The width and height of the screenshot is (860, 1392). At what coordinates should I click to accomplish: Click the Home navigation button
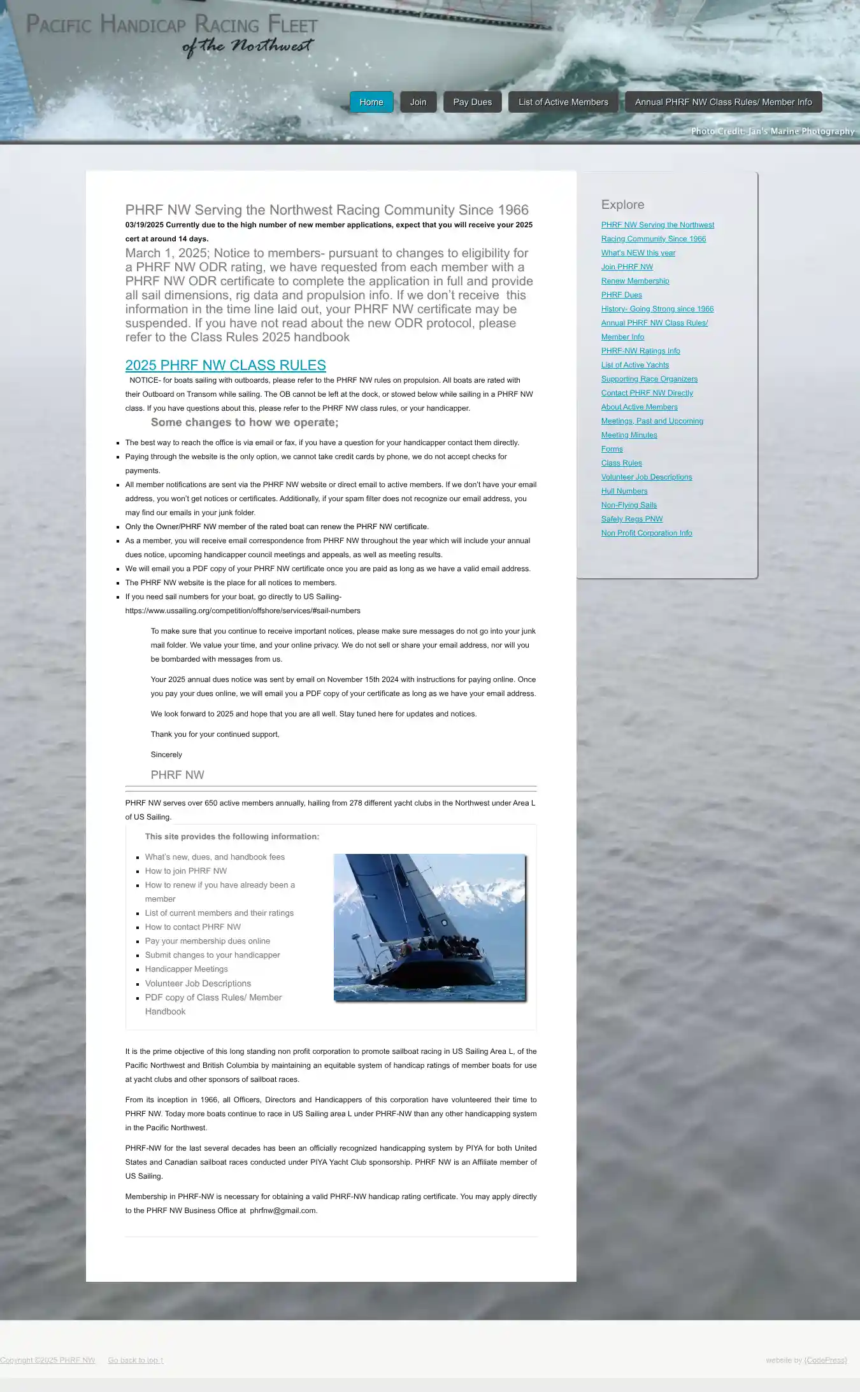coord(371,102)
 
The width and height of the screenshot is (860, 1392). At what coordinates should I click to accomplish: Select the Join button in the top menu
coord(418,102)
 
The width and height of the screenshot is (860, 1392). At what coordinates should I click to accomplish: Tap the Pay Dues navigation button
coord(472,102)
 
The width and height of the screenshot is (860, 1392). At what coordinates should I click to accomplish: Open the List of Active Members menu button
coord(563,102)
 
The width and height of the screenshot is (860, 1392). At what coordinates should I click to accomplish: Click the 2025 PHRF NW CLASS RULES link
coord(226,366)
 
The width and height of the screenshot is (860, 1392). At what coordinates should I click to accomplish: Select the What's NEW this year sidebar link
coord(638,253)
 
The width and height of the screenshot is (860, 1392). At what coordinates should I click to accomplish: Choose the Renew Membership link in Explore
coord(634,281)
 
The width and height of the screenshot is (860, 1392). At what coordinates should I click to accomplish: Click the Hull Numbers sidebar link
coord(624,491)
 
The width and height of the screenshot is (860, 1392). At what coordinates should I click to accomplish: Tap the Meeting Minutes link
coord(629,435)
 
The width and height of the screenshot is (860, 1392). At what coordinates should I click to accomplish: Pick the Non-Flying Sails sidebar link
coord(628,505)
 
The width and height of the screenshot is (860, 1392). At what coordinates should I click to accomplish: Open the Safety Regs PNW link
coord(631,519)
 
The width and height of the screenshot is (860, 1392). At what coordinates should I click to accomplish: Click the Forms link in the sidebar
coord(612,449)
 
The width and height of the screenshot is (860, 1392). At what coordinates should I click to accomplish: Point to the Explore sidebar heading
coord(622,205)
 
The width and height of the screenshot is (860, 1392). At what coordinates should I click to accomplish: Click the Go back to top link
coord(135,1360)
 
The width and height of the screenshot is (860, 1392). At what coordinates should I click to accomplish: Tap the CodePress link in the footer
coord(826,1360)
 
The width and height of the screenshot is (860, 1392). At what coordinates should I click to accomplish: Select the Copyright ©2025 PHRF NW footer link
coord(47,1360)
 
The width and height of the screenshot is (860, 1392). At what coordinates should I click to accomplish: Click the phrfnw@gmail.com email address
coord(283,1211)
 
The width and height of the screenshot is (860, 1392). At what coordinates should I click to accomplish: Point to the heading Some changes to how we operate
coord(245,423)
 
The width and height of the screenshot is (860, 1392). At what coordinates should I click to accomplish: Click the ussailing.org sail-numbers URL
coord(243,611)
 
